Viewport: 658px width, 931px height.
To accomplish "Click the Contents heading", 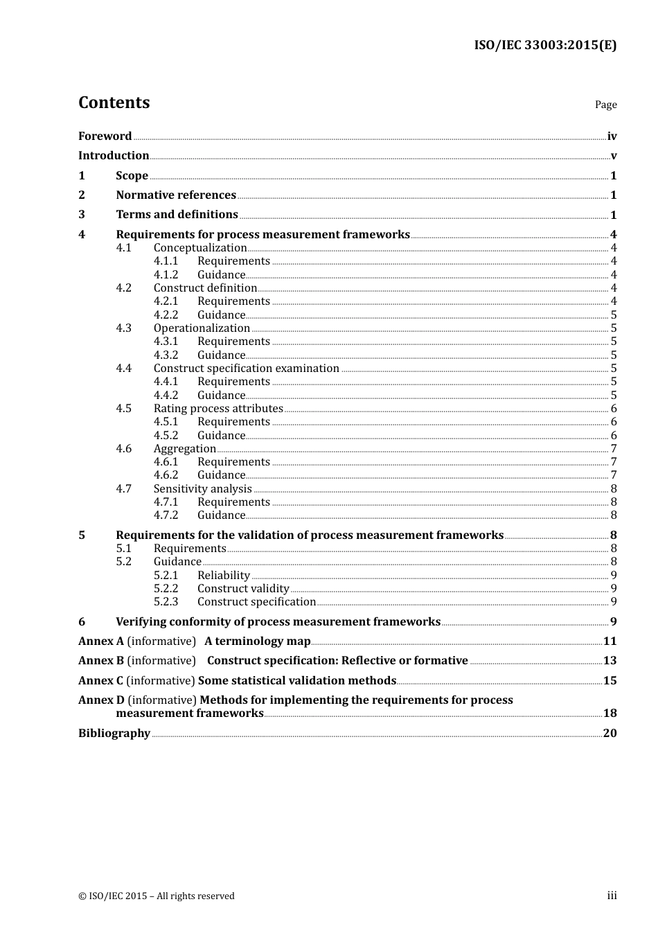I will coord(114,103).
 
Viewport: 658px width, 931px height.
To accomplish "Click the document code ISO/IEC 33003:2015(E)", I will coord(545,45).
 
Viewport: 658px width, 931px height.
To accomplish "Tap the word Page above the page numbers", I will coord(605,105).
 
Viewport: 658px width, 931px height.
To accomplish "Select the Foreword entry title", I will coord(105,136).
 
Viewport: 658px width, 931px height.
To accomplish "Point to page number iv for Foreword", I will coord(612,136).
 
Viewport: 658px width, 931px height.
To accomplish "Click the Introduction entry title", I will coord(114,156).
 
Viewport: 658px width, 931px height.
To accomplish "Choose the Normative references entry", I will coord(176,195).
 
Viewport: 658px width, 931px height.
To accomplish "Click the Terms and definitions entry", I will coord(177,215).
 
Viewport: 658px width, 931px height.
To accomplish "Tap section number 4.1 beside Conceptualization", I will coord(123,248).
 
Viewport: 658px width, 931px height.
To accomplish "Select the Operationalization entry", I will coord(202,328).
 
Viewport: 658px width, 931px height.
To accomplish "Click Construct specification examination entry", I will coord(246,369).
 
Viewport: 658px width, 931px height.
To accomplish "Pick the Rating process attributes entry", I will coord(218,409).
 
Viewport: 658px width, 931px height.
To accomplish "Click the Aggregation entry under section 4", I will coord(185,449).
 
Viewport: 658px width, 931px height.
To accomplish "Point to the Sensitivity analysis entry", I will coord(202,489).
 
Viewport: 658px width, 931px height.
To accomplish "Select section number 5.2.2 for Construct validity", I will coord(166,589).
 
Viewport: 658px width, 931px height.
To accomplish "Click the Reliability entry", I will coord(223,576).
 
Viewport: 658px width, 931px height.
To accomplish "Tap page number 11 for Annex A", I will coord(610,641).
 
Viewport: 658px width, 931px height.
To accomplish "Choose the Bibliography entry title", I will coord(114,734).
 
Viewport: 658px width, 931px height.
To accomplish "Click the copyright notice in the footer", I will coord(157,896).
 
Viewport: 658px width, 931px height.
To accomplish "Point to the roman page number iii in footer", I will coord(612,896).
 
